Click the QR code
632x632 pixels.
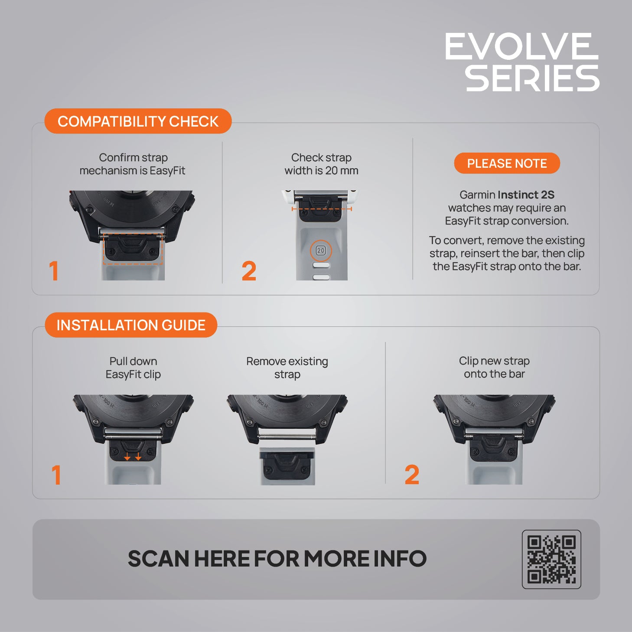[551, 559]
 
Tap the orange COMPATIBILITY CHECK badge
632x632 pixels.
[138, 121]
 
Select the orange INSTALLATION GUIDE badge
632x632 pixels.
[131, 325]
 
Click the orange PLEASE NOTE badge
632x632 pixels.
[507, 163]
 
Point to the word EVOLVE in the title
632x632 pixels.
[521, 46]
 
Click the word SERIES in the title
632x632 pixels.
[532, 78]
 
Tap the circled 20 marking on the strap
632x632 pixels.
[321, 251]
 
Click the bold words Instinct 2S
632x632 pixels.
[526, 195]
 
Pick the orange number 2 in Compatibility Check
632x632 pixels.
[249, 271]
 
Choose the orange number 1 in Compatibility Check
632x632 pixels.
[54, 271]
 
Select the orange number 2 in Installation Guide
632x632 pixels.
[412, 475]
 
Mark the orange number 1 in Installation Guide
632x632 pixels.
[56, 475]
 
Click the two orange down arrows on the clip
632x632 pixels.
[133, 456]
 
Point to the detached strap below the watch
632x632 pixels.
[287, 466]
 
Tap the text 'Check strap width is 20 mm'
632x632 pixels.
[321, 164]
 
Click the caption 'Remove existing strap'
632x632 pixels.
[287, 368]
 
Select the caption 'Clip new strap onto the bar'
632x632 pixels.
[494, 367]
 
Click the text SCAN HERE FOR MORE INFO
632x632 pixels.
[277, 559]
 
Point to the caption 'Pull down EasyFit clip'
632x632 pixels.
[133, 368]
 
